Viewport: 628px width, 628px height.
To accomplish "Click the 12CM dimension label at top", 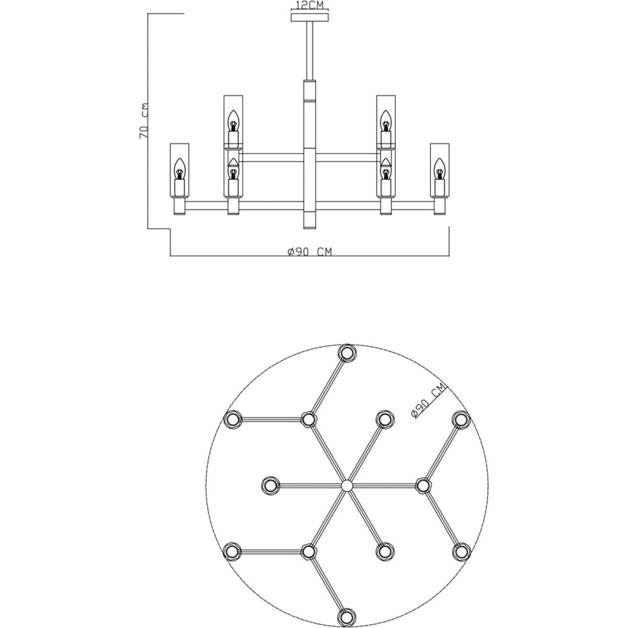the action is pyautogui.click(x=309, y=5).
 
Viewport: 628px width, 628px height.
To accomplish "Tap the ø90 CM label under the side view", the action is pyautogui.click(x=310, y=252).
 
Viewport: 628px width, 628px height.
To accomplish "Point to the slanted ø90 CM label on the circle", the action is pyautogui.click(x=428, y=400).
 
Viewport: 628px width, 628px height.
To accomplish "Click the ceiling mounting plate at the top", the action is pyautogui.click(x=310, y=18).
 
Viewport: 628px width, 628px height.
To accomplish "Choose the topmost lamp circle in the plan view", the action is pyautogui.click(x=347, y=353).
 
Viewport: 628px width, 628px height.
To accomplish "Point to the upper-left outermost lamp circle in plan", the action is pyautogui.click(x=233, y=419).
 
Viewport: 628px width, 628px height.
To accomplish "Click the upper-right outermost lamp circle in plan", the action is pyautogui.click(x=462, y=419).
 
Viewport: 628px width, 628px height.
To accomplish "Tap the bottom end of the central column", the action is pyautogui.click(x=310, y=228).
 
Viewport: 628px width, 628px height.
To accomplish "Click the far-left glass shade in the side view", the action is pyautogui.click(x=180, y=170).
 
